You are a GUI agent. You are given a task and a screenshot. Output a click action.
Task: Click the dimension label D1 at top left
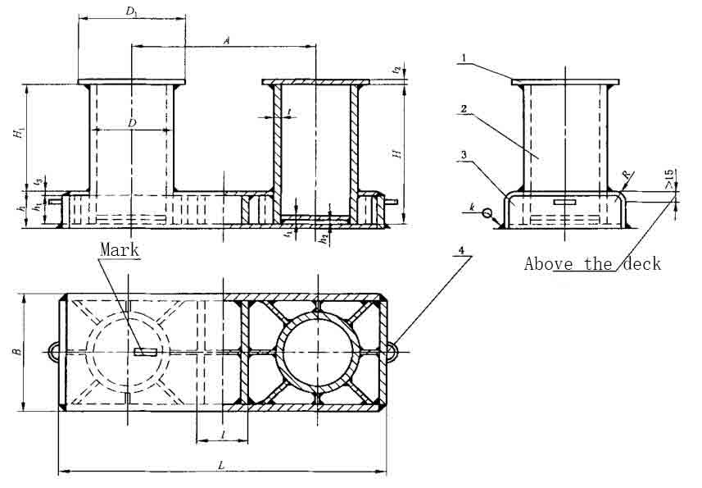130,11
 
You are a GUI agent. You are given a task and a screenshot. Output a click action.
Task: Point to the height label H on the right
396,153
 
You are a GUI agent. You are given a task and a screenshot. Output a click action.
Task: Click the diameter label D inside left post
131,122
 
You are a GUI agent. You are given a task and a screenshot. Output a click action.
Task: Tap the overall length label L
221,464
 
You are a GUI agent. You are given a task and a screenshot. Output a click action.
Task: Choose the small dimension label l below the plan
223,433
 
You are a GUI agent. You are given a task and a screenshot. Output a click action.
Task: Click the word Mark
120,249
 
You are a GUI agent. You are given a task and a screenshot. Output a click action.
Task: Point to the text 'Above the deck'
591,263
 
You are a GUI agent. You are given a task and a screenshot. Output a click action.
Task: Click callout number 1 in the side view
463,58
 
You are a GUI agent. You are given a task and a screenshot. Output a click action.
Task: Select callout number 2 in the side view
463,108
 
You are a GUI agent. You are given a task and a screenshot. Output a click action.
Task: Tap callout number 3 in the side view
463,153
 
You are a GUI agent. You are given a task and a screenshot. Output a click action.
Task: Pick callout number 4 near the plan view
464,258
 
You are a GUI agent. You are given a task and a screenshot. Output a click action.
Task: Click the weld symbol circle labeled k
487,214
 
